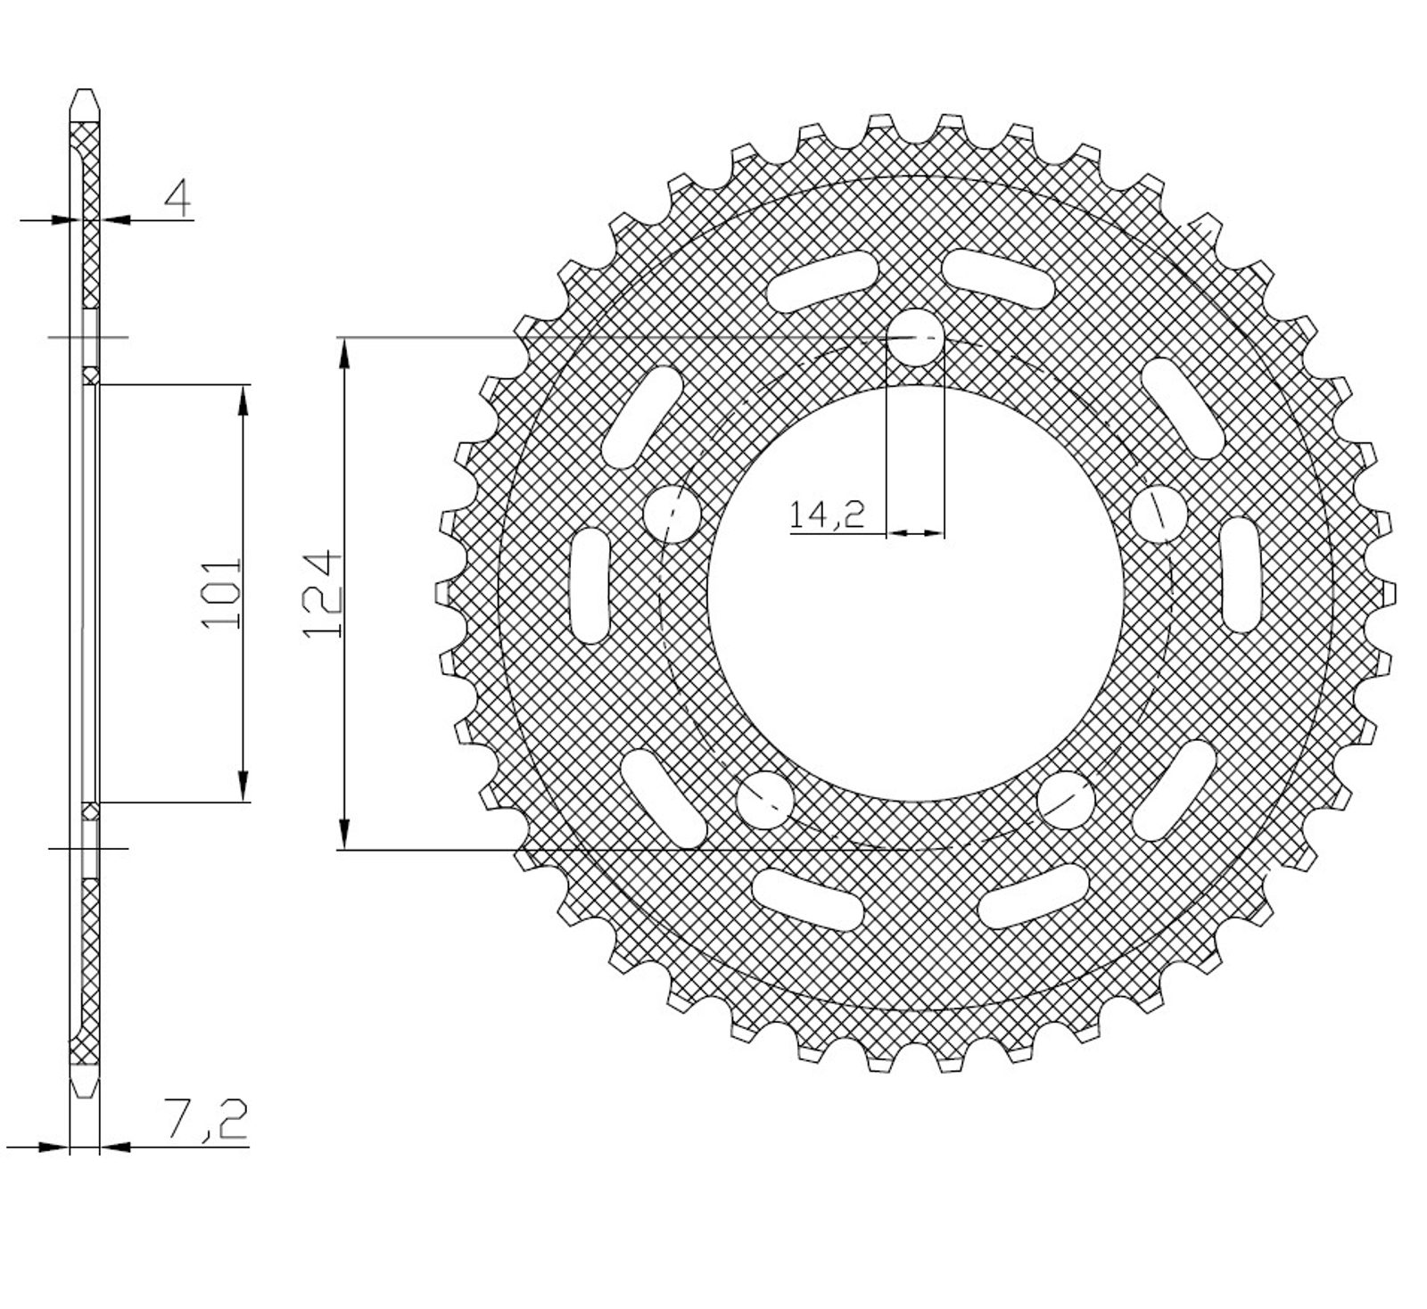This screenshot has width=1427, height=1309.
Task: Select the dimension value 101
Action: [222, 594]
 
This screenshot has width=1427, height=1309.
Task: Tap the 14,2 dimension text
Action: [827, 515]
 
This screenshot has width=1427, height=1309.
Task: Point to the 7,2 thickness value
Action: [204, 1120]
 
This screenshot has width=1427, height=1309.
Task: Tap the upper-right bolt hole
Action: [1159, 514]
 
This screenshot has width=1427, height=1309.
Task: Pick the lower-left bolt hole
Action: [764, 800]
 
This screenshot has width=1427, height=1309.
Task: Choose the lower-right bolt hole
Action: [1066, 799]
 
